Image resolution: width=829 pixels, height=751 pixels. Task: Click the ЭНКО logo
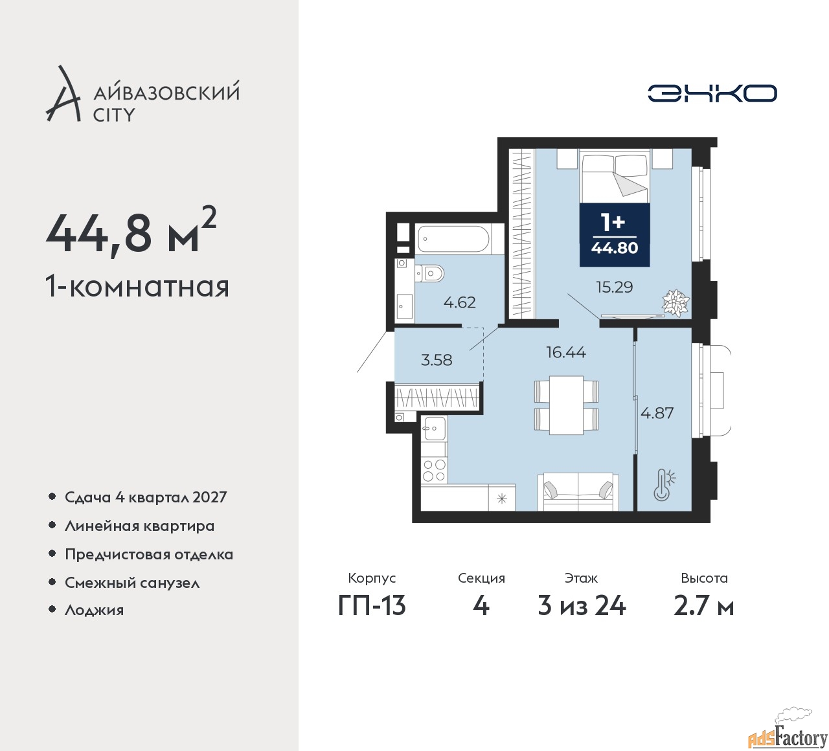coord(712,93)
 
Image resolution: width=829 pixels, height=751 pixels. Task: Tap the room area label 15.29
coord(615,287)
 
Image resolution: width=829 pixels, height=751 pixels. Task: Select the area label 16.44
coord(566,352)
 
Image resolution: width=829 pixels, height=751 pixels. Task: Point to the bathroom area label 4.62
coord(460,302)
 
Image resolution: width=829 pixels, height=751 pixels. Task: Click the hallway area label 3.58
coord(437,360)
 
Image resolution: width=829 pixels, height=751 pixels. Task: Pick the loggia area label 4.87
coord(657,412)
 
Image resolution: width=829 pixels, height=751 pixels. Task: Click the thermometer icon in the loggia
coord(664,484)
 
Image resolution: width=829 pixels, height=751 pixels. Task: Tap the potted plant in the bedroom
coord(676,303)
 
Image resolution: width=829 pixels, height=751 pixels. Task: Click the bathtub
coord(453,238)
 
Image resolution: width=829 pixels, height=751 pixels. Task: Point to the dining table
coord(566,405)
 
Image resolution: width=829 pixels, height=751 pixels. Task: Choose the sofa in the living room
coord(578,492)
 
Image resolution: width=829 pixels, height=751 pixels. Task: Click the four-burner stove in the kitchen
coord(435,471)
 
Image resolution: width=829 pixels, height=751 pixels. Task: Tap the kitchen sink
coord(434,428)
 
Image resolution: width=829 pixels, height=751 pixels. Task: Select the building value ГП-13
coord(372,607)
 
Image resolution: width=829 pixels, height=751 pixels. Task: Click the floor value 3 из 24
coord(582,607)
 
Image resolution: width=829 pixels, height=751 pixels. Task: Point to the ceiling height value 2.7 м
coord(703,607)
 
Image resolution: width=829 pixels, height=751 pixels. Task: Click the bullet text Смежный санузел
coord(132,583)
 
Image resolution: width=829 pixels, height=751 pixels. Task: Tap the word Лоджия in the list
coord(94,610)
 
